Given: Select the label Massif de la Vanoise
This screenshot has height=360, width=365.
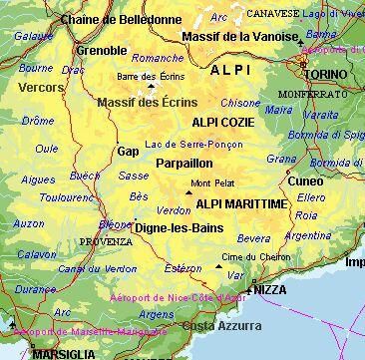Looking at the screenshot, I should (x=241, y=37).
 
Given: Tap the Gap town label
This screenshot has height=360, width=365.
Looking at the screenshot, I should (x=127, y=152).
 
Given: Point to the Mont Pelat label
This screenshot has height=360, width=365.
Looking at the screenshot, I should (x=212, y=183).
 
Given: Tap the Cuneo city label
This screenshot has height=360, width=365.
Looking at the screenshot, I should (x=304, y=180).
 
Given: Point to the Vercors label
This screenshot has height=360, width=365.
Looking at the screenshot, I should (x=39, y=88).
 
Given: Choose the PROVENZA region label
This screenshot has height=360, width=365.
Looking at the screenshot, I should (x=107, y=241).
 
